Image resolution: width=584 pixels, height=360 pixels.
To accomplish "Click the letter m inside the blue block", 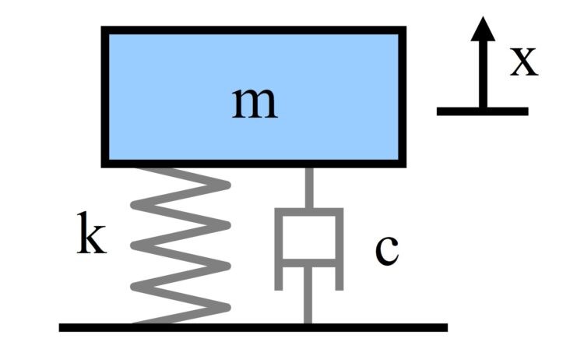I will pyautogui.click(x=255, y=103).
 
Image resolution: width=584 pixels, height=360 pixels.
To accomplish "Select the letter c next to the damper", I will pyautogui.click(x=386, y=250).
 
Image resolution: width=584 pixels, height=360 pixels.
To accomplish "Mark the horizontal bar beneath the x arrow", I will pyautogui.click(x=483, y=111).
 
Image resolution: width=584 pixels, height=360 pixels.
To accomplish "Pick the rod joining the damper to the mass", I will pyautogui.click(x=308, y=189).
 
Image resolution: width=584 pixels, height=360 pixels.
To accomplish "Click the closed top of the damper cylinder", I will pyautogui.click(x=308, y=211).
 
